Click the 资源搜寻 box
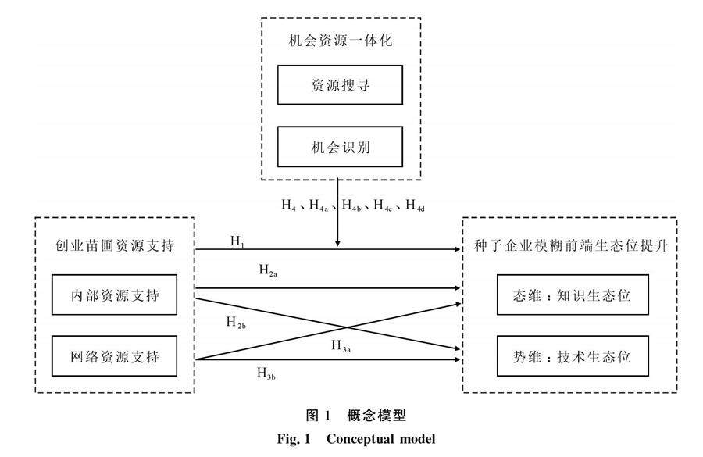340,85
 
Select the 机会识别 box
340,147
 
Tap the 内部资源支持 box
114,295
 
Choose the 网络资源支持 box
114,356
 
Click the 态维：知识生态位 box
573,295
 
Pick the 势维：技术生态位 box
573,356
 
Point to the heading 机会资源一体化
341,41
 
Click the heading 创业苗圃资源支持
114,245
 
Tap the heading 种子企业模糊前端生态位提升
571,245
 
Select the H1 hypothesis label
237,241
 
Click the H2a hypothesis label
268,270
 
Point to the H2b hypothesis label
236,323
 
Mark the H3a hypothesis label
341,346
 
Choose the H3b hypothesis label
266,373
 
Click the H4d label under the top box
416,205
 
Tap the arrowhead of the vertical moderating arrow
337,244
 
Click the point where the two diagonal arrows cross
348,328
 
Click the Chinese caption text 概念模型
376,416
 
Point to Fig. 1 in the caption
294,438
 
